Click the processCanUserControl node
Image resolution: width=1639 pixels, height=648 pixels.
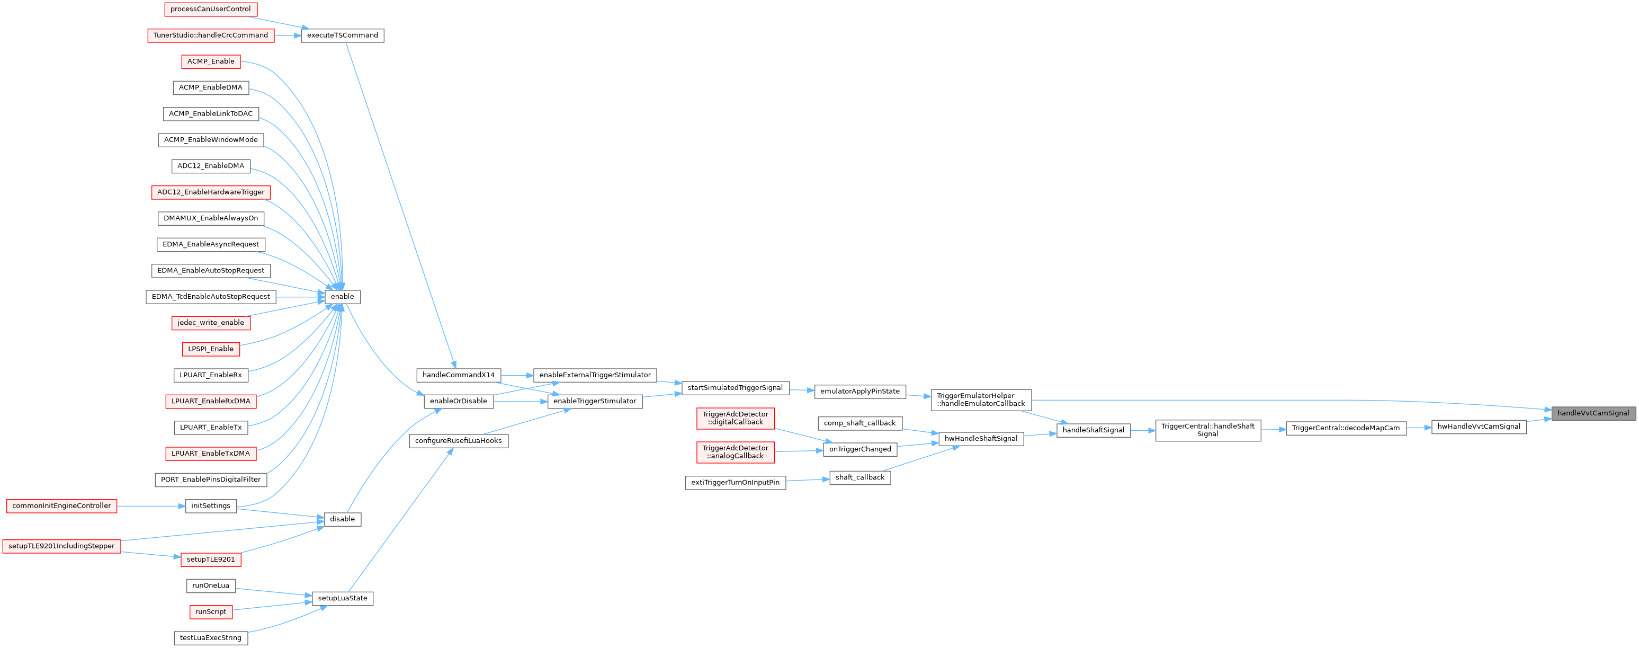211,10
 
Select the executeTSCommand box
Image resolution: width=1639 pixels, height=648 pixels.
342,35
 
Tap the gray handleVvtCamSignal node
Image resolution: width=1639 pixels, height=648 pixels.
1592,413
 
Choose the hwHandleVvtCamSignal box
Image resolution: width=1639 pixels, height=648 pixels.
1479,427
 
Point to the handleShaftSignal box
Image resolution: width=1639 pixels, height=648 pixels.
1093,430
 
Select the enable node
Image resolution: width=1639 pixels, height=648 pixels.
342,297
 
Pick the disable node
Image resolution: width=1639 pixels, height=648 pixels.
342,519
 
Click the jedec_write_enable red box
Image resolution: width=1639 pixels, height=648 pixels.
211,323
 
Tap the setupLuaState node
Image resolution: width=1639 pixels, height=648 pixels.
342,598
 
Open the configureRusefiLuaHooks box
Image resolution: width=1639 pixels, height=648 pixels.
458,440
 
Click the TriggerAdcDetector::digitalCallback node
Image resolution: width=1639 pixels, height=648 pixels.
735,418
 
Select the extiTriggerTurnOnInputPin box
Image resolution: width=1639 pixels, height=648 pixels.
735,483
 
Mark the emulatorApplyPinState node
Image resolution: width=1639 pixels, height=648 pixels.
859,392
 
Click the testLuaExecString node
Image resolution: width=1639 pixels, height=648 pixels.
211,638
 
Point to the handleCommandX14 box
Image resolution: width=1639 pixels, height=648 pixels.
458,375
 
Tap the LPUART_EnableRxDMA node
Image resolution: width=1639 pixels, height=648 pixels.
211,401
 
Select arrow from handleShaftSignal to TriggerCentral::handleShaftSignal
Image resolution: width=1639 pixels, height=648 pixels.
1143,430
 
